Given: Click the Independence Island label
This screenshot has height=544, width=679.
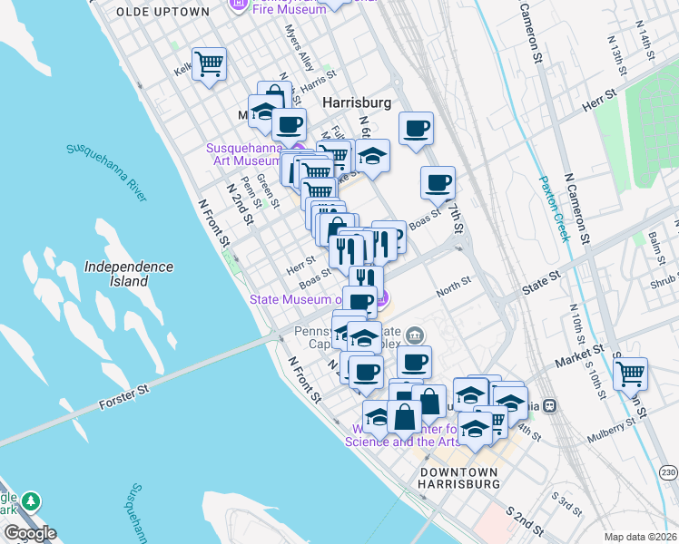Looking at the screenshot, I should [128, 274].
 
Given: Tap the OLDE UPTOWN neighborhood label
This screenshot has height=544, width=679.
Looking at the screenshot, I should [162, 12].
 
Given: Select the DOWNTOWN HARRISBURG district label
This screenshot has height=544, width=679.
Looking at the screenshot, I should [458, 478].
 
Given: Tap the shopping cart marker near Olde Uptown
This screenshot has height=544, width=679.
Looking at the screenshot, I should [209, 65].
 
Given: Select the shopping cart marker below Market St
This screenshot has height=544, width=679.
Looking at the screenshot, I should [629, 372].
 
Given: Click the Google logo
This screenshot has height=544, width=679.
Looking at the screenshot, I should [29, 533].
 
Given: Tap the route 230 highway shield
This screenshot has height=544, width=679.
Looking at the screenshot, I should [668, 472].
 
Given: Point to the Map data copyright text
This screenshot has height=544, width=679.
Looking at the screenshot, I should [640, 537].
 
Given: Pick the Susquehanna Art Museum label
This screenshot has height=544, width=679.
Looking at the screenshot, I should [244, 153].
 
